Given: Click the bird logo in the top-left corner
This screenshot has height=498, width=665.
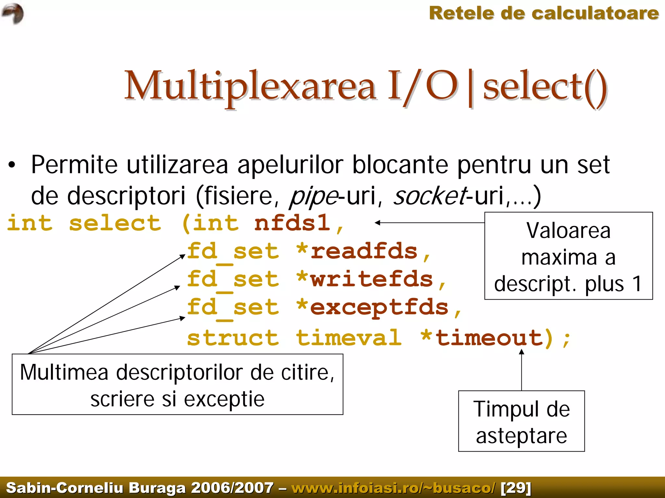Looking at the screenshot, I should click(x=13, y=13).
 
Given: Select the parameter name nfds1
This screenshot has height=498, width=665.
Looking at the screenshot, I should click(x=292, y=223).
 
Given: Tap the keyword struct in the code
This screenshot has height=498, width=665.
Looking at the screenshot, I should click(x=233, y=338).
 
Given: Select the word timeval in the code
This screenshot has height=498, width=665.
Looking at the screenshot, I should click(x=349, y=338).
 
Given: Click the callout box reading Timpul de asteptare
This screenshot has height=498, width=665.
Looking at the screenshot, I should click(x=521, y=421).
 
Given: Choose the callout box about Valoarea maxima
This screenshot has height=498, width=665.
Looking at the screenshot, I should click(x=568, y=256).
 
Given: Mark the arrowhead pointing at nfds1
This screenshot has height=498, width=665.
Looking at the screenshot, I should click(x=378, y=223).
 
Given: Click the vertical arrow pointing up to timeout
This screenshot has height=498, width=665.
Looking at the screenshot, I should click(x=521, y=370).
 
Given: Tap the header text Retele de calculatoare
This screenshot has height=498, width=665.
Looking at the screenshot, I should click(x=544, y=14).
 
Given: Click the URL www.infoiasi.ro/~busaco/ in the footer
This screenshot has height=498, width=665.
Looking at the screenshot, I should click(x=394, y=488).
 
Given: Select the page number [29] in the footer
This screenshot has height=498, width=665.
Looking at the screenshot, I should click(x=516, y=488).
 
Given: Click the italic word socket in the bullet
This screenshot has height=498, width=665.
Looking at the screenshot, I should click(x=430, y=196).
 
